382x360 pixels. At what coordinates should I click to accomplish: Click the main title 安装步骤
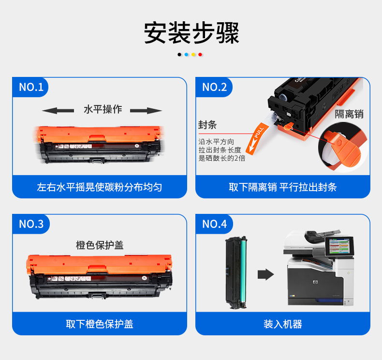191,33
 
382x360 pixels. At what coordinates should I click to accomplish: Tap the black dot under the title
179,55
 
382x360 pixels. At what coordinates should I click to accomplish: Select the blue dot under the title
186,55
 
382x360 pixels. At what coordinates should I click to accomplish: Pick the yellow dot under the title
193,55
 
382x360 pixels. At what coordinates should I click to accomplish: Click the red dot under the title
200,55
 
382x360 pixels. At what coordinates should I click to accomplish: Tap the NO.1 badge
30,87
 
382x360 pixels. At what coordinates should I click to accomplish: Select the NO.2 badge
214,87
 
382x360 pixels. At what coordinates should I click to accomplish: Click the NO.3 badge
31,224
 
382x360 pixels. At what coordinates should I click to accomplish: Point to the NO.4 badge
214,224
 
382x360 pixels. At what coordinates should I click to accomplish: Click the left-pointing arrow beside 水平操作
58,111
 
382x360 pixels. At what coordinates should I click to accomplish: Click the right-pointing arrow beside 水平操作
146,111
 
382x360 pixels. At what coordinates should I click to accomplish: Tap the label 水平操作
103,109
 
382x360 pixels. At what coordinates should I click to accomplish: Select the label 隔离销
349,114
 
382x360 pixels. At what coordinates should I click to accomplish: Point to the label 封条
207,124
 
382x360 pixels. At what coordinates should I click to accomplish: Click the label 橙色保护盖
100,245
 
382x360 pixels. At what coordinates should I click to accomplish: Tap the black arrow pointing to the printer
266,274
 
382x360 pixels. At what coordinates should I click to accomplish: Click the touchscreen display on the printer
339,246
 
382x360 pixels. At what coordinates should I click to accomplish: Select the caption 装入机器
282,324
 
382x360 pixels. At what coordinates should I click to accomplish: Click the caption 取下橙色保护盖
100,324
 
